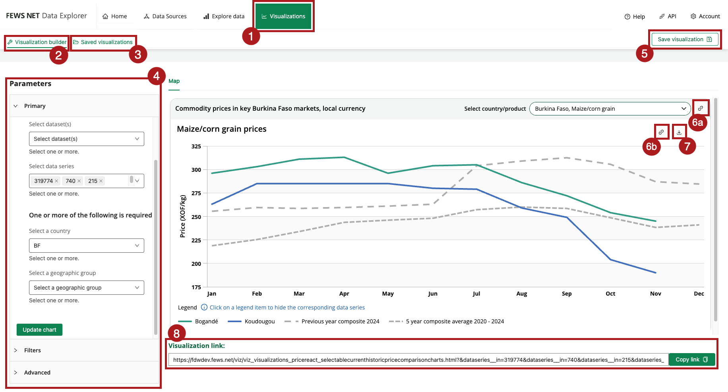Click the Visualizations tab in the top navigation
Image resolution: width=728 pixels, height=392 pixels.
point(283,16)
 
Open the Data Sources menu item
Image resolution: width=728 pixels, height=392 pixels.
point(165,16)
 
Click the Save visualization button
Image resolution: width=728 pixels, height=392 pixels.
point(685,39)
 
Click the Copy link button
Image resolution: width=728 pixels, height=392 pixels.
point(691,359)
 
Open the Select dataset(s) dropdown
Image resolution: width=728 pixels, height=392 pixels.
point(86,139)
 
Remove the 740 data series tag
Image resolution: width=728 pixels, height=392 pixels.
point(79,181)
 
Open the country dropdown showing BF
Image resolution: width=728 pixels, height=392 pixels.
point(86,246)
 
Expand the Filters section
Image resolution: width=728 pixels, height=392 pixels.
point(32,350)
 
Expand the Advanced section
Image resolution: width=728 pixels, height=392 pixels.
point(37,373)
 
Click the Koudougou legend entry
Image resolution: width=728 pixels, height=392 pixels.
point(259,321)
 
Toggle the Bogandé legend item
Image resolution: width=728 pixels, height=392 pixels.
point(206,321)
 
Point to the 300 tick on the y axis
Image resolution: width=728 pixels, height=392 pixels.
point(196,170)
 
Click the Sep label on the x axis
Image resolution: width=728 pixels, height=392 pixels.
point(567,294)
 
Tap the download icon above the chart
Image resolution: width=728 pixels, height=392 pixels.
point(679,132)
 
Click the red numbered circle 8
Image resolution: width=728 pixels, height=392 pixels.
point(176,333)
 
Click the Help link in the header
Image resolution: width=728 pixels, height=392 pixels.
point(635,17)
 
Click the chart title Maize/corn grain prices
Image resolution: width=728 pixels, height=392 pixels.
point(221,129)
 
